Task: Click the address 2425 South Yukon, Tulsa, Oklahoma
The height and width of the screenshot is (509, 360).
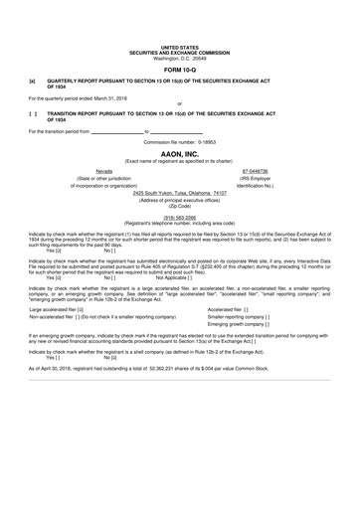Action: [179, 192]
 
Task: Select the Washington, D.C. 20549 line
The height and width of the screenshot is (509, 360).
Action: [179, 59]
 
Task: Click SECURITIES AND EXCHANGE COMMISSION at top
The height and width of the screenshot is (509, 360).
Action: [179, 53]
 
